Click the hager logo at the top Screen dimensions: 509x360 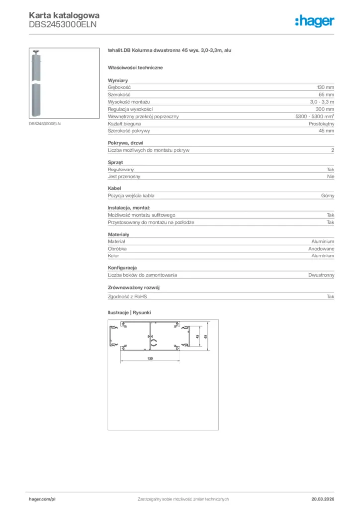pyautogui.click(x=314, y=21)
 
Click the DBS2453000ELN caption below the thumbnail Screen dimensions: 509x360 pyautogui.click(x=45, y=124)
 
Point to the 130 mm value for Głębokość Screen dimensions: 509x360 pyautogui.click(x=326, y=87)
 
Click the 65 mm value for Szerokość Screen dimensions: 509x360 pyautogui.click(x=327, y=94)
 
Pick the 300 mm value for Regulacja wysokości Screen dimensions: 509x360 pyautogui.click(x=326, y=109)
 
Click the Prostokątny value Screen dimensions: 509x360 pyautogui.click(x=321, y=123)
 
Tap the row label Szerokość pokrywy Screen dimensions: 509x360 pyautogui.click(x=129, y=131)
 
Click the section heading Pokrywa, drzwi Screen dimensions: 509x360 pyautogui.click(x=125, y=143)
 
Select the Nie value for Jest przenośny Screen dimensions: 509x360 pyautogui.click(x=331, y=176)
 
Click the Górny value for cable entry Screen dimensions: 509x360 pyautogui.click(x=328, y=196)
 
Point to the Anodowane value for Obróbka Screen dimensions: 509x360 pyautogui.click(x=321, y=249)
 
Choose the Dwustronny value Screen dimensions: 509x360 pyautogui.click(x=321, y=275)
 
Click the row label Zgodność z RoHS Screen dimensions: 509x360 pyautogui.click(x=128, y=296)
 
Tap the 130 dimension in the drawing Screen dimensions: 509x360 pyautogui.click(x=149, y=358)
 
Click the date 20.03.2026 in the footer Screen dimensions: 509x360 pyautogui.click(x=323, y=499)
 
